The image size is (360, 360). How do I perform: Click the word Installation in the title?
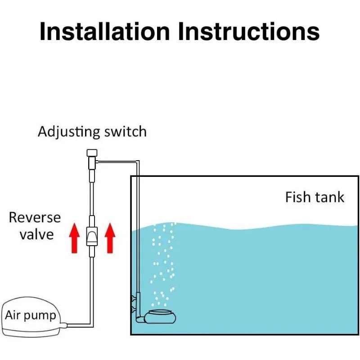(104, 32)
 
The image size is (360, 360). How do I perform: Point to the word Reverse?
(35, 218)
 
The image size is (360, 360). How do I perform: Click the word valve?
(36, 234)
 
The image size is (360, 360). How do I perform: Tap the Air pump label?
(31, 315)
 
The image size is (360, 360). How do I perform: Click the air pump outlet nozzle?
(64, 324)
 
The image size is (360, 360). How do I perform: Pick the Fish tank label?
(315, 197)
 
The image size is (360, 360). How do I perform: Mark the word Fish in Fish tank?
(297, 197)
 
